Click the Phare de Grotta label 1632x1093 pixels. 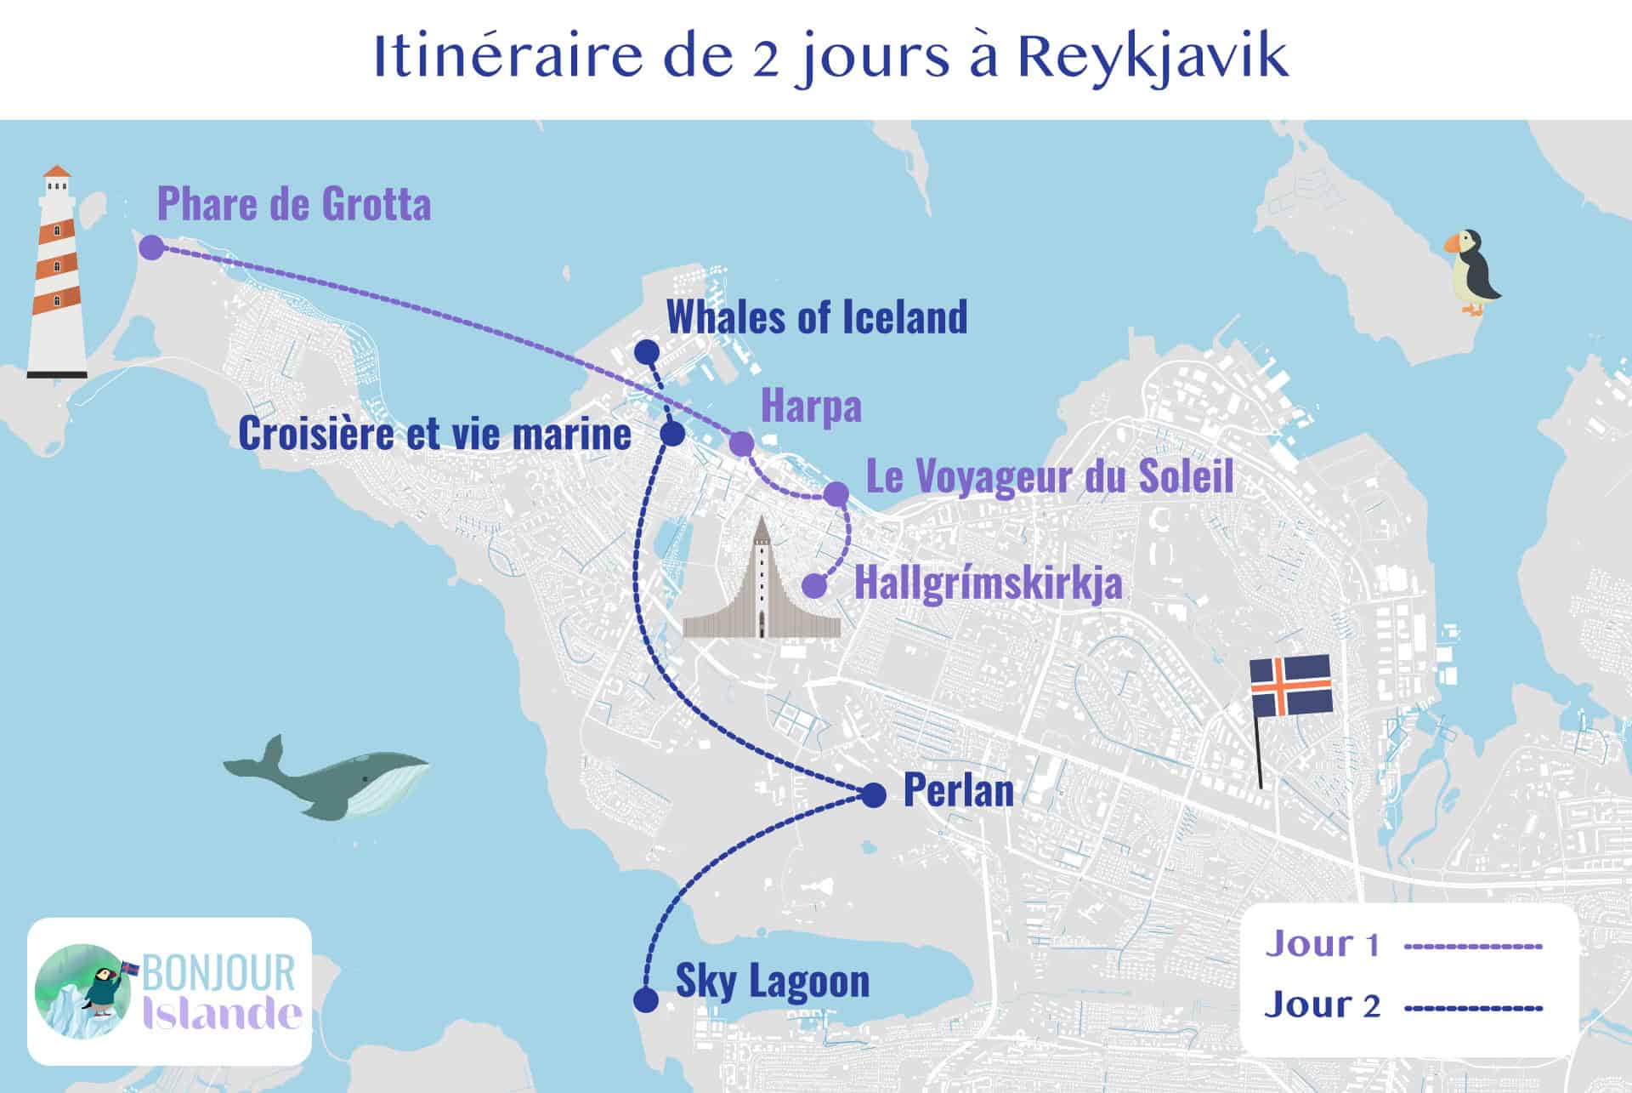(x=294, y=204)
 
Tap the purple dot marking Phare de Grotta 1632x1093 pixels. (x=151, y=248)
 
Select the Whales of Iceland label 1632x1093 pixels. (x=817, y=317)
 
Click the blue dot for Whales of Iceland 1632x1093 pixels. (x=647, y=351)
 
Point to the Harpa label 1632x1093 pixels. (x=811, y=407)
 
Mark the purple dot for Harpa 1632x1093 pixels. (x=741, y=443)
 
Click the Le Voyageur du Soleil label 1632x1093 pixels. (x=1049, y=476)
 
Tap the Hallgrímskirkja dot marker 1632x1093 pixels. (x=814, y=585)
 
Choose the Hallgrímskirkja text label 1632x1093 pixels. (x=988, y=584)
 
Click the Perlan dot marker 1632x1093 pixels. (x=874, y=795)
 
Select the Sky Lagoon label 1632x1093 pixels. (x=772, y=981)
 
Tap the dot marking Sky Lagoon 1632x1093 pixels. (x=647, y=1000)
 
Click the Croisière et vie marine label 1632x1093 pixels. (x=434, y=434)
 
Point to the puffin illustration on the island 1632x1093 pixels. (x=1471, y=273)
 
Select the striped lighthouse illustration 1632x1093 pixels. (x=57, y=272)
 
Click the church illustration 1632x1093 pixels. (x=762, y=587)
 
